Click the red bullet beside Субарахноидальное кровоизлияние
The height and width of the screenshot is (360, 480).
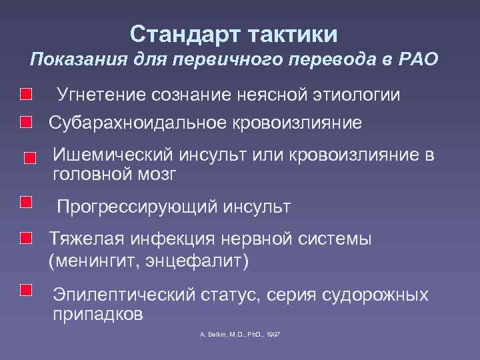coord(25,122)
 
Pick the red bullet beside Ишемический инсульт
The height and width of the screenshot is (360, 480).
coord(30,159)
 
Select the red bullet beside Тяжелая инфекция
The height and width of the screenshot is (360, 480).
coord(25,238)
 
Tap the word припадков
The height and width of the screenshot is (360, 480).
coord(97,314)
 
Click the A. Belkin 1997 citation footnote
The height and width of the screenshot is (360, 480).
coord(239,333)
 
